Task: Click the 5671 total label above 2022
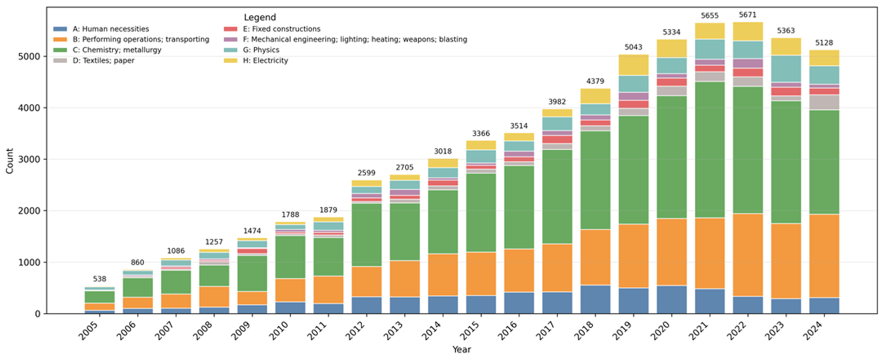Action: (747, 15)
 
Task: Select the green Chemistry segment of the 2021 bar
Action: (710, 149)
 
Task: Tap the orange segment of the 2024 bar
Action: (824, 256)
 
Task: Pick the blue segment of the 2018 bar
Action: (595, 299)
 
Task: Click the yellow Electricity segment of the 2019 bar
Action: (633, 65)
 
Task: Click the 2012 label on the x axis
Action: (357, 330)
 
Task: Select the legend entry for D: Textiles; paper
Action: (103, 61)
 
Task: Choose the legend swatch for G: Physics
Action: (230, 50)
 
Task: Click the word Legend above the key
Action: (260, 17)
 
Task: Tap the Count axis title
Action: (9, 161)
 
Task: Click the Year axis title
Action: (461, 350)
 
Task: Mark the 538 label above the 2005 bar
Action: (99, 279)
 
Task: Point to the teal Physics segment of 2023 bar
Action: (786, 69)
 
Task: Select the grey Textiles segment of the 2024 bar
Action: (824, 102)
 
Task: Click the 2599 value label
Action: (366, 173)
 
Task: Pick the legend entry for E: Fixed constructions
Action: (281, 29)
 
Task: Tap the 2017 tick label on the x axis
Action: (548, 330)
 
